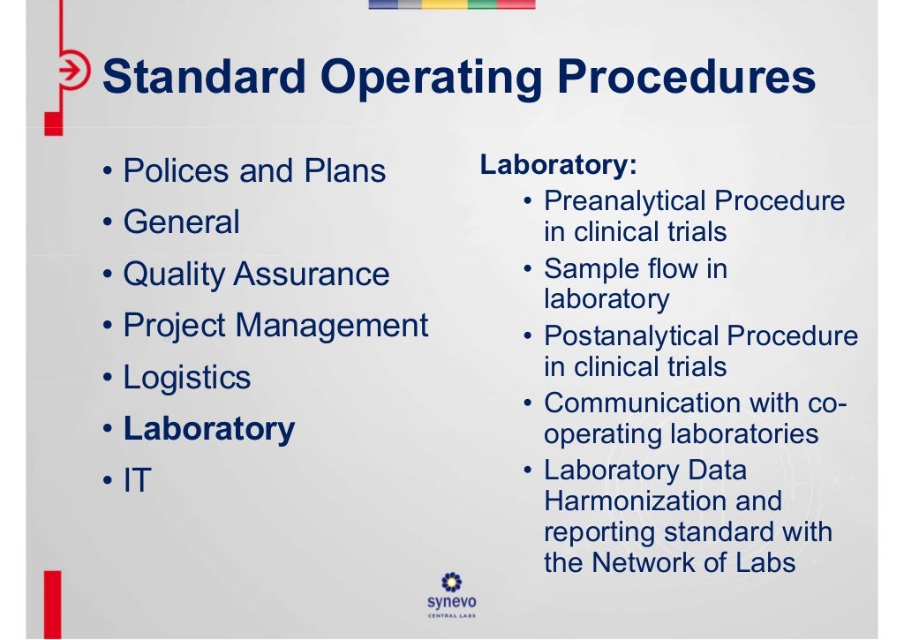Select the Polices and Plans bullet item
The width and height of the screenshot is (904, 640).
pos(254,170)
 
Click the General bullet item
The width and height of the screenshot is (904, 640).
pos(181,222)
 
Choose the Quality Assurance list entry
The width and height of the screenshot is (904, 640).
pos(256,274)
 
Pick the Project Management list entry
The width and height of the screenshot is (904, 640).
pos(275,326)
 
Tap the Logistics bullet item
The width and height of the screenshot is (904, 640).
pos(187,378)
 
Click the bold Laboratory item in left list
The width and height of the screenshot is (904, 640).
pos(209,429)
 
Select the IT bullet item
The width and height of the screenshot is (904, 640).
pos(138,481)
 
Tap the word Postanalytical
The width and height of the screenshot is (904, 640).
pos(632,335)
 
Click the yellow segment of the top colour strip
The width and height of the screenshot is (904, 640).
pos(444,4)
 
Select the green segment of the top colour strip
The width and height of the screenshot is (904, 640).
pos(481,4)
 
